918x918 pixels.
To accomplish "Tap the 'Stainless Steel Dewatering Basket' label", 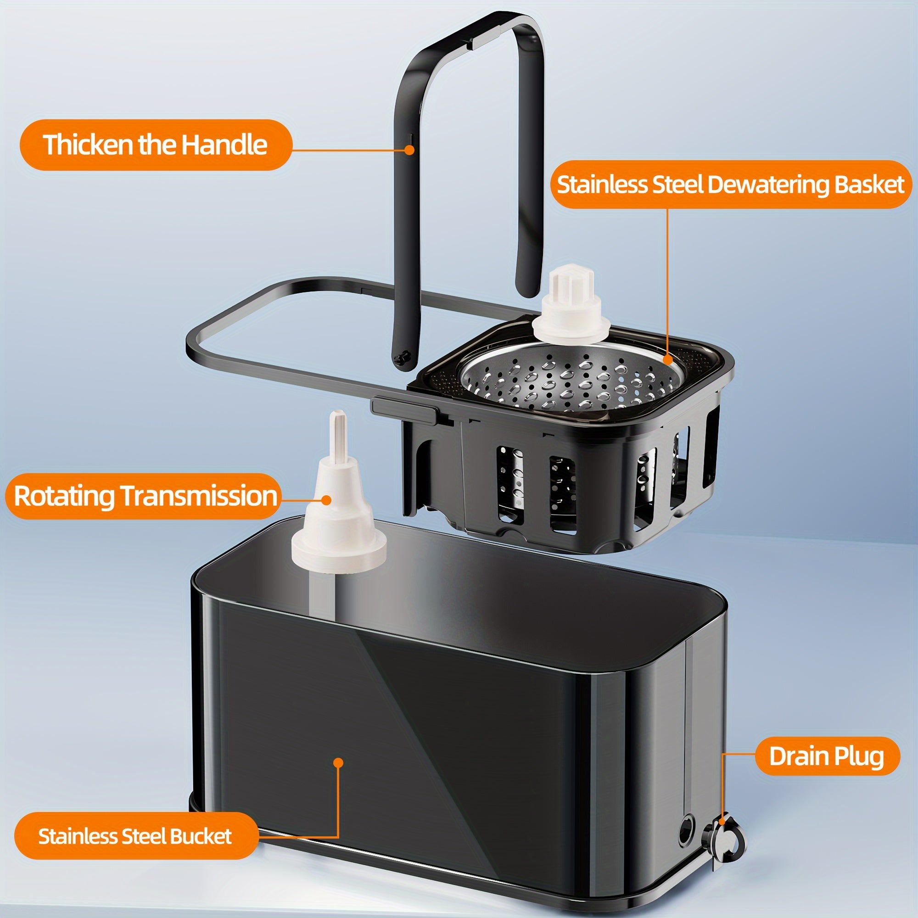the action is tap(730, 185).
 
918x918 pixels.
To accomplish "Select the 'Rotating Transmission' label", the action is tap(144, 496).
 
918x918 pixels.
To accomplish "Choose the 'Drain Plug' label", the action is tap(826, 756).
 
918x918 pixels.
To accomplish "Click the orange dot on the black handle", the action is tap(409, 150).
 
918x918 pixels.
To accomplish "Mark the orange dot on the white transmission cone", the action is tap(326, 499).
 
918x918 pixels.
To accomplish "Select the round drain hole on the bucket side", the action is tap(686, 829).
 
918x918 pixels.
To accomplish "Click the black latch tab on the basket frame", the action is tap(404, 409).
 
